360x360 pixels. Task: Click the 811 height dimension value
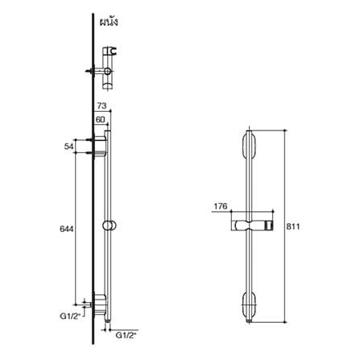292,226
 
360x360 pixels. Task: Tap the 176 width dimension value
221,206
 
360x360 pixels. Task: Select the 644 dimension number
66,229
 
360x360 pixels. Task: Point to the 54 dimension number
68,147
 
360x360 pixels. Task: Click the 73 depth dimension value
101,106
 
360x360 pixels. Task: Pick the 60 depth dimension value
100,119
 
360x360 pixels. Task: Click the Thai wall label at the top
109,23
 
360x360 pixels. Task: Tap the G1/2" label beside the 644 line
70,317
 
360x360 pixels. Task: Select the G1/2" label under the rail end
126,335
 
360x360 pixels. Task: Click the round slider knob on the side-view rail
109,226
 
